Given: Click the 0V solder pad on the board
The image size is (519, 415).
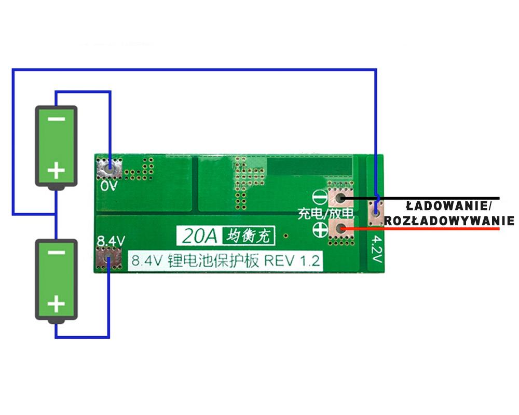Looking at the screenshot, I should click(109, 167).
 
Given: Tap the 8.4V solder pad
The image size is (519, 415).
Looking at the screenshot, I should click(108, 258).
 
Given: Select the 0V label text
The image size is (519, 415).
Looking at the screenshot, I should click(110, 185).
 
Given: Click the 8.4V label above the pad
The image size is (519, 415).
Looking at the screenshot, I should click(111, 241).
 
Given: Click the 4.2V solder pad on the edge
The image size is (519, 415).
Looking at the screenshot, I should click(375, 212).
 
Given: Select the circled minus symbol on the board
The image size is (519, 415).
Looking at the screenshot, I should click(320, 198).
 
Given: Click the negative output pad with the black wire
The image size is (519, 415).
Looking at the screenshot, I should click(340, 198).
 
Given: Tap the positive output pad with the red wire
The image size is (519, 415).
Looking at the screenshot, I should click(340, 228).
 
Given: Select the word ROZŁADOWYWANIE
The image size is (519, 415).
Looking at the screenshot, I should click(449, 220).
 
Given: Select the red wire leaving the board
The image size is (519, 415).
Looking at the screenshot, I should click(426, 228).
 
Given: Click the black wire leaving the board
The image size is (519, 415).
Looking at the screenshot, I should click(441, 198).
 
